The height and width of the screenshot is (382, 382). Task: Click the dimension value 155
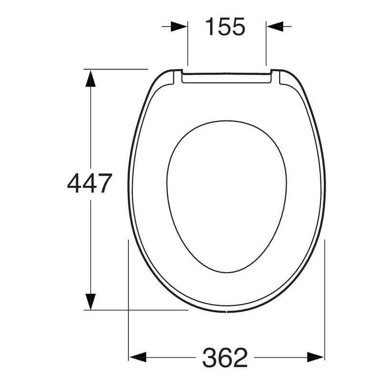coord(225,27)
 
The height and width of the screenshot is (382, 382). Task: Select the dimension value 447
coord(89,183)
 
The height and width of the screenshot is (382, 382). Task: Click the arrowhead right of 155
coord(274,27)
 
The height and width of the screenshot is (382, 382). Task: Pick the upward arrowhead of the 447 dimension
coord(90,78)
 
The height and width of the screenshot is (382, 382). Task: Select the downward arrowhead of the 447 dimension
coord(90,301)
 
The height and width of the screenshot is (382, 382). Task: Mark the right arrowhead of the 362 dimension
coord(316,357)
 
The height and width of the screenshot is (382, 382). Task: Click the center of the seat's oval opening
coord(226,196)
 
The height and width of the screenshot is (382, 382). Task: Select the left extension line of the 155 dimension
coord(188,45)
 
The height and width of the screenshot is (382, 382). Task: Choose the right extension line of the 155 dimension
coord(266,45)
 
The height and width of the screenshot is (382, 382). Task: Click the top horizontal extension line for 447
coord(117,69)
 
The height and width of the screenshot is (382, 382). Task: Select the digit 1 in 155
coord(210,27)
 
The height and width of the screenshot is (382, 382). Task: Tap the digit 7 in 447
coord(104,183)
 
